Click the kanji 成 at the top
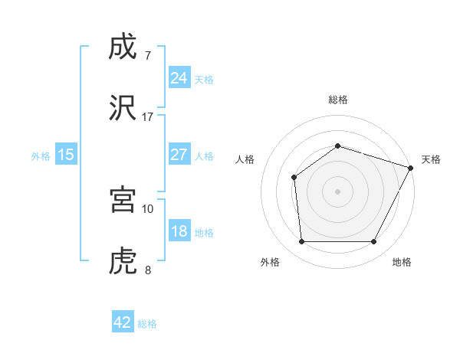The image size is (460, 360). pos(123,48)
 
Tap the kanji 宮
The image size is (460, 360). pos(123,200)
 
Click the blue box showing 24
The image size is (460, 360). pos(179,78)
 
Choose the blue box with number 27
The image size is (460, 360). pos(179,155)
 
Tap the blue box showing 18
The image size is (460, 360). pos(179,231)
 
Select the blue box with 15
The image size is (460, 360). pos(66,155)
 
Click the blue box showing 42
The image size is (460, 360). pos(123,322)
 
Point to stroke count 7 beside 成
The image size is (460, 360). pos(148,56)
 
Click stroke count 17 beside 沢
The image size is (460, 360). pos(148,116)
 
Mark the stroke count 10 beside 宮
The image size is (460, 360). pos(148,208)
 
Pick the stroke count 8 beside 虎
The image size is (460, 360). pos(148,270)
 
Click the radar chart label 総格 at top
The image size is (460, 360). pos(338,100)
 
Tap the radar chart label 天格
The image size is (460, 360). pos(431,159)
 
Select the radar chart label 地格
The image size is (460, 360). pos(402,262)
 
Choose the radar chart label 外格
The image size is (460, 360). pos(270,262)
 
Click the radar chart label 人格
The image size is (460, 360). pos(245,159)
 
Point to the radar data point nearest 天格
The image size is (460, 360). pos(411,168)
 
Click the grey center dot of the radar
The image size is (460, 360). pos(337,191)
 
